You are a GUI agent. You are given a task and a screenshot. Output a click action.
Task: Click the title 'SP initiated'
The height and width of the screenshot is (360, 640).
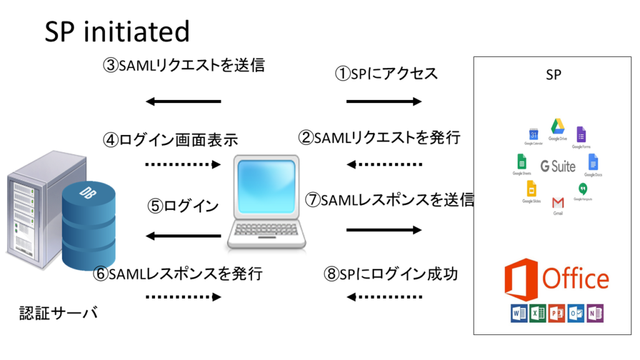tap(117, 31)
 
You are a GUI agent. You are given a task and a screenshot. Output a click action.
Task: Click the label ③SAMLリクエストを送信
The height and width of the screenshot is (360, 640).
tap(183, 65)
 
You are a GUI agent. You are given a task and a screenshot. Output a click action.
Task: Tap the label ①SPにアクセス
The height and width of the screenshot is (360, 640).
tap(386, 74)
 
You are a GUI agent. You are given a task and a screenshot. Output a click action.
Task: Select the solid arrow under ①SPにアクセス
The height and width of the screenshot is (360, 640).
tap(384, 101)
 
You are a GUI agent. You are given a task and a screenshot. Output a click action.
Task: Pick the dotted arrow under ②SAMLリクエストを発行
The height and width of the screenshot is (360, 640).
tap(384, 165)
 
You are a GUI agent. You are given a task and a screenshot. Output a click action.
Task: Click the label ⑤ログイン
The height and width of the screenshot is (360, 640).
tap(183, 206)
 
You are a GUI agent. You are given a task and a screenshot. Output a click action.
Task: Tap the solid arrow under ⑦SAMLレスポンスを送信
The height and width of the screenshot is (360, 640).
tap(384, 230)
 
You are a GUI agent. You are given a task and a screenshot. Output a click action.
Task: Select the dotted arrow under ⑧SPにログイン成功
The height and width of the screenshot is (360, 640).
tap(384, 297)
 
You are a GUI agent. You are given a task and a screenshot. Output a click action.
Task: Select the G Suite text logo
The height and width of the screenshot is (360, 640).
tap(557, 166)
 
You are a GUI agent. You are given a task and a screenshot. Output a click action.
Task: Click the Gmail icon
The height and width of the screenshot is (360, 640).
tap(558, 203)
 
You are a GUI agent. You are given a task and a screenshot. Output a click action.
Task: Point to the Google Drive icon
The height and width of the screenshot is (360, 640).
tap(557, 126)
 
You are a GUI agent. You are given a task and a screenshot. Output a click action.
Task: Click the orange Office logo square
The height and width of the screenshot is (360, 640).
tap(520, 279)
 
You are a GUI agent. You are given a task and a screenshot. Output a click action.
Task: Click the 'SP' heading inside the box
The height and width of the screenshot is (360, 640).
tap(553, 75)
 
